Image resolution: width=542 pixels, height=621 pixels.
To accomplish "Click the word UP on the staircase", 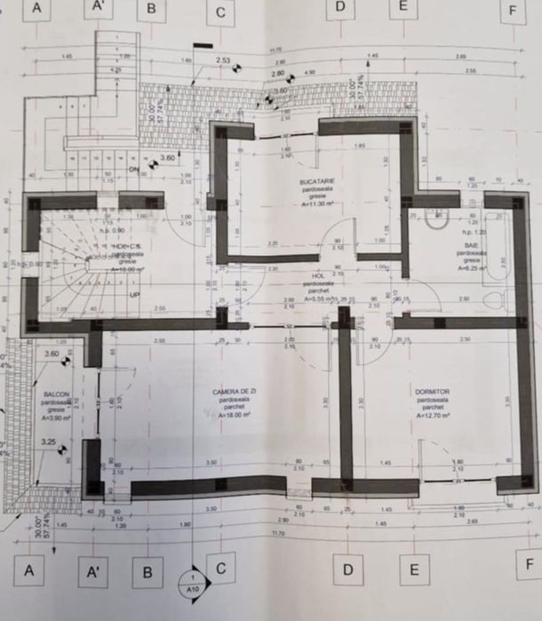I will pyautogui.click(x=136, y=293).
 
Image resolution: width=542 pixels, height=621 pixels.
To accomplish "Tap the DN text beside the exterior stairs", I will pyautogui.click(x=134, y=169).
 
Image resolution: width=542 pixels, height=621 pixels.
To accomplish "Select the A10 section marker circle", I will pyautogui.click(x=194, y=583).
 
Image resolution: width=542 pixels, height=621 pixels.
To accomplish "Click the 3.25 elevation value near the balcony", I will pyautogui.click(x=46, y=441).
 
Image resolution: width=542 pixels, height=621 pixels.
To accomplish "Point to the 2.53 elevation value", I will pyautogui.click(x=223, y=60).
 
